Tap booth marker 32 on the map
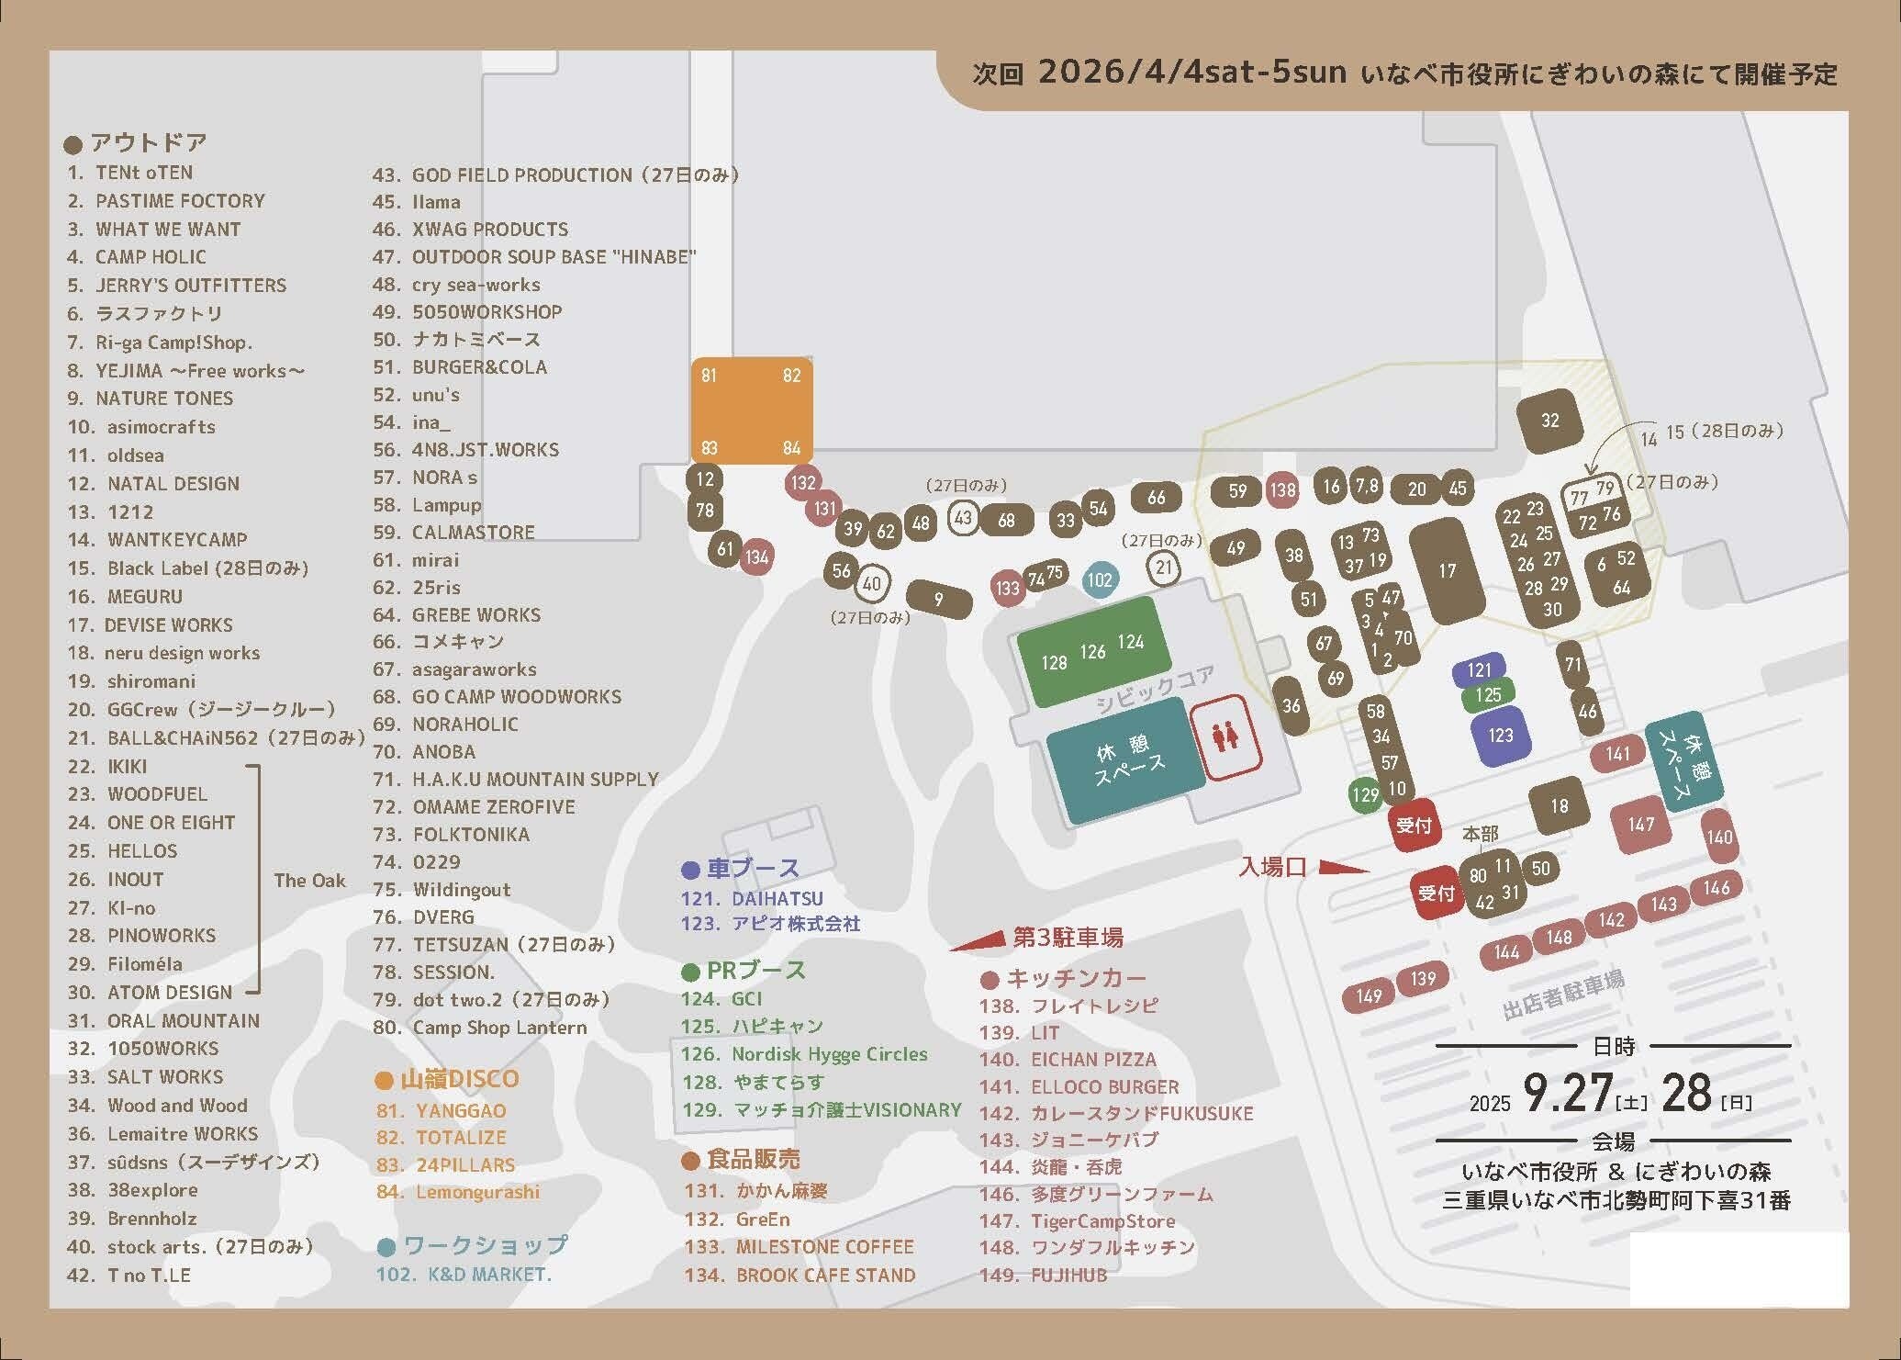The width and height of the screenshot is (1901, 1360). (1550, 421)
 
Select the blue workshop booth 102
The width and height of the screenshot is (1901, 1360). (1099, 579)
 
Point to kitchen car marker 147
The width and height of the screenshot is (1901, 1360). (1640, 824)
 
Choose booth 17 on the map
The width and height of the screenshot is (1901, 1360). (1447, 571)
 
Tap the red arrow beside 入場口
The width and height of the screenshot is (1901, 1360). (1345, 867)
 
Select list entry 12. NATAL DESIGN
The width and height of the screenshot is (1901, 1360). (154, 484)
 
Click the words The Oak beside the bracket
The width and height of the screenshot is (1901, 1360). (309, 881)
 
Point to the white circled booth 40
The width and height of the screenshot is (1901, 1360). (872, 583)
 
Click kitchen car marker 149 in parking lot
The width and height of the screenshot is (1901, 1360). (1369, 996)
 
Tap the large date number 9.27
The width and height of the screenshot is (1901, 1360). (1567, 1093)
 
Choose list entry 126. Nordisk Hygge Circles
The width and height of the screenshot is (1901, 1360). (804, 1054)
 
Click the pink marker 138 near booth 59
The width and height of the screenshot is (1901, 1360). (1281, 490)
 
